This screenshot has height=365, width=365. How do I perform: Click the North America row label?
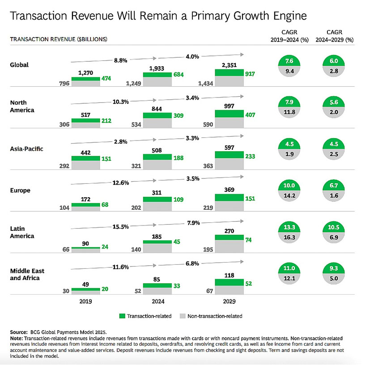pyautogui.click(x=21, y=106)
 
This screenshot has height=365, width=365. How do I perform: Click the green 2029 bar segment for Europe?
pyautogui.click(x=229, y=198)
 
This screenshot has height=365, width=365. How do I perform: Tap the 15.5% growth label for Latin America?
pyautogui.click(x=121, y=227)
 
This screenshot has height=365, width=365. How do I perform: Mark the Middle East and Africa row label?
pyautogui.click(x=27, y=275)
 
